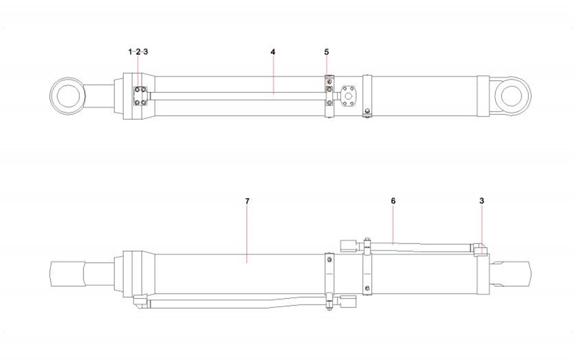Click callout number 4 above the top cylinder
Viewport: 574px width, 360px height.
[x=273, y=52]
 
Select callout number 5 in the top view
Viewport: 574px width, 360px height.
[x=327, y=52]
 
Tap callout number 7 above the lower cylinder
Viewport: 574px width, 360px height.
[x=247, y=201]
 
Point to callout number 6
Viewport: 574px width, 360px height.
[x=393, y=201]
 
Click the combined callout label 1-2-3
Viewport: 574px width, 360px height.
[x=138, y=52]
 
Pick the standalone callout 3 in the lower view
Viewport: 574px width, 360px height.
[x=482, y=201]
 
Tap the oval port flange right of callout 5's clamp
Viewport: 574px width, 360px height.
[x=348, y=96]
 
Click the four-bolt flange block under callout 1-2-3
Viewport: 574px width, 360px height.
[x=140, y=96]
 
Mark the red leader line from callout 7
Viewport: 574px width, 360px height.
[x=247, y=234]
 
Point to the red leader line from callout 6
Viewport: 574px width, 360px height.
[x=393, y=224]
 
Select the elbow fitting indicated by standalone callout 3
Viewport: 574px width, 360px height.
[x=481, y=250]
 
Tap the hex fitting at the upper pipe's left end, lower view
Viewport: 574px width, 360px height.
[x=348, y=245]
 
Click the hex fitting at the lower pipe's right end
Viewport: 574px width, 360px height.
[x=348, y=302]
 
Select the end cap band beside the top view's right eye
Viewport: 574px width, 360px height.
[x=483, y=96]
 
